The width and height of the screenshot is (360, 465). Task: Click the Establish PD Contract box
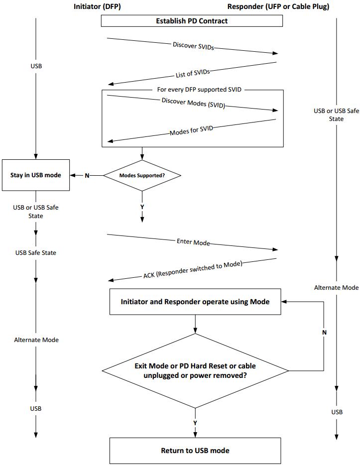coord(192,21)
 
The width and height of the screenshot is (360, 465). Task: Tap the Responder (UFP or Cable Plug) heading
coord(278,6)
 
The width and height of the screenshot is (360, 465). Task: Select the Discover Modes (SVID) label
coord(193,103)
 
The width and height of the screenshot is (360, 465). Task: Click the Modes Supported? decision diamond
coord(142,175)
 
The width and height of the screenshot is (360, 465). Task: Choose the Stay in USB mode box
coord(35,175)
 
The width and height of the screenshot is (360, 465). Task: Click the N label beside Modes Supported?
coord(87,175)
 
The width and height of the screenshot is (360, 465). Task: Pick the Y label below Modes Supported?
coord(142,206)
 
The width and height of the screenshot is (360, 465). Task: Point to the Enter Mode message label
coord(193,242)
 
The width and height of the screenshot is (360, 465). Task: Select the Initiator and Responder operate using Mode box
coord(195,302)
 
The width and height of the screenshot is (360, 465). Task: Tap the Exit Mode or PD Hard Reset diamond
coord(195,371)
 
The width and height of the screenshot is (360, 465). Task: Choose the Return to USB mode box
coord(195,451)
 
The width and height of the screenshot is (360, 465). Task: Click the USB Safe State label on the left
coord(35,252)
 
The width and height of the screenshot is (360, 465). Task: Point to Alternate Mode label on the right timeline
coord(337,287)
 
